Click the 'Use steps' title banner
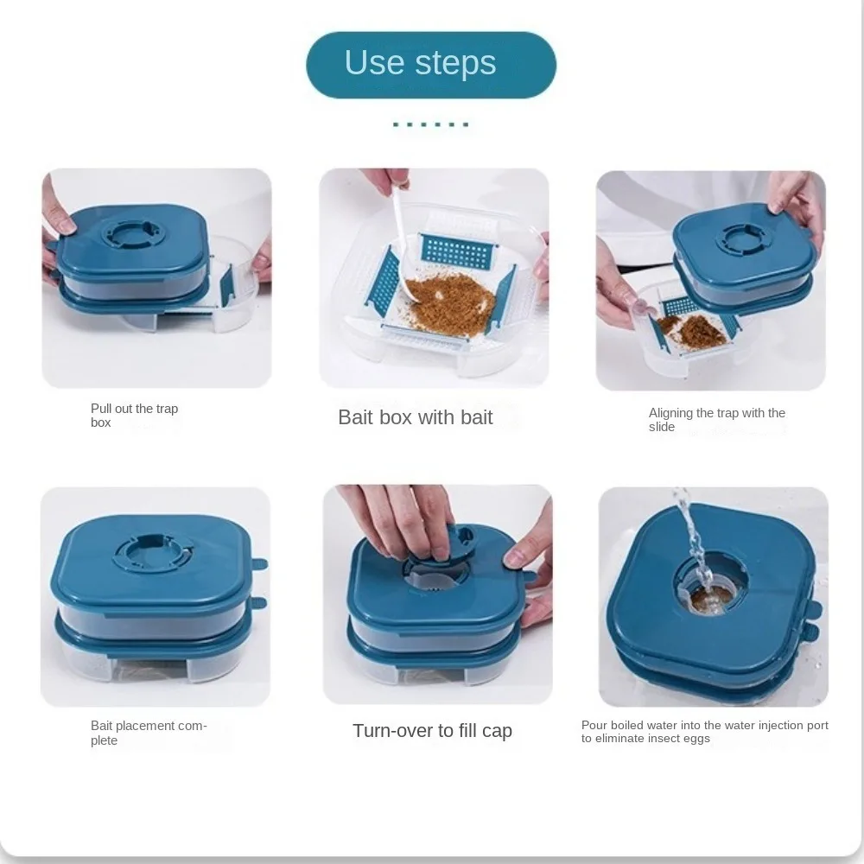coord(431,65)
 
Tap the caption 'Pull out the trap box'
coord(134,416)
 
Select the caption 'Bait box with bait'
coord(415,417)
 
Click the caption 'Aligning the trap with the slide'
coord(716,420)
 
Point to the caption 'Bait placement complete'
coord(149,733)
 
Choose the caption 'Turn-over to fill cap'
coord(432,731)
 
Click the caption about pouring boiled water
coord(704,732)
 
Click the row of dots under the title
coord(431,124)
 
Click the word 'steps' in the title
coord(455,63)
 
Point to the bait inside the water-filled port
coord(711,599)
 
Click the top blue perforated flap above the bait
coord(457,251)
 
